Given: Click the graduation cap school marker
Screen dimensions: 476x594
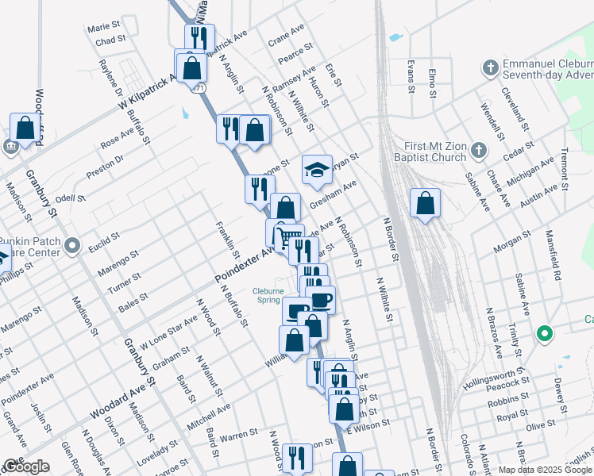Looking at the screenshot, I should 317,170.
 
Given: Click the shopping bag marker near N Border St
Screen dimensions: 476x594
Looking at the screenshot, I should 426,204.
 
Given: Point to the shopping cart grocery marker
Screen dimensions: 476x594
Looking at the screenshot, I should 288,236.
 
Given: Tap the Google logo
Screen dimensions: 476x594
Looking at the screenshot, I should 26,466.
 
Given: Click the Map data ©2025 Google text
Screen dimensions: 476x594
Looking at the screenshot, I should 544,470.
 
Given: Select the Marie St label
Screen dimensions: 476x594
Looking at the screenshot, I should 103,28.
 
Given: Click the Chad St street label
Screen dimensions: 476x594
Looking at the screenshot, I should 110,40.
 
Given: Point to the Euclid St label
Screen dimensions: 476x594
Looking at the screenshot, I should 104,240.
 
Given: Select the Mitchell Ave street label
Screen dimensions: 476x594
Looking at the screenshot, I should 208,416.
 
